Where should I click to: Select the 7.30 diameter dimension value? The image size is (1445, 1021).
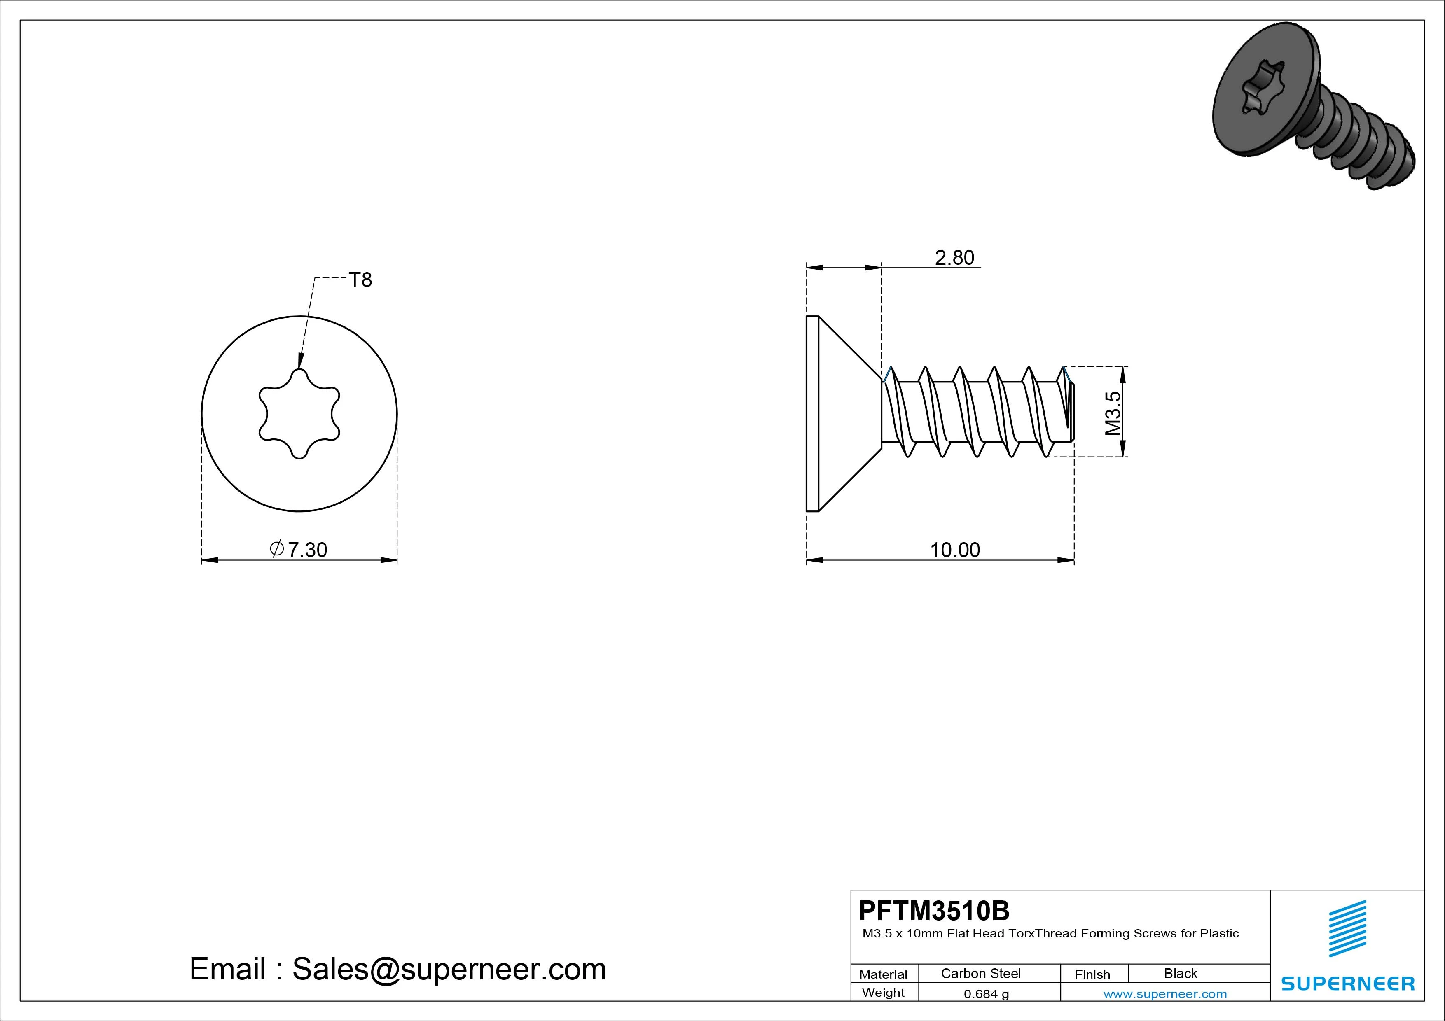308,550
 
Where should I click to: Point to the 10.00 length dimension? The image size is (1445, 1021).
955,550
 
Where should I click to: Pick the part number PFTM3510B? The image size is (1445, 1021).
934,910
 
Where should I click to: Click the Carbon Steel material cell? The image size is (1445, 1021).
980,973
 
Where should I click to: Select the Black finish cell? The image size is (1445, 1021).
1180,973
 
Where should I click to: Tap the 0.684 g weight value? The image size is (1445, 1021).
986,994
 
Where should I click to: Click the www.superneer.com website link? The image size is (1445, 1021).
1165,994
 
